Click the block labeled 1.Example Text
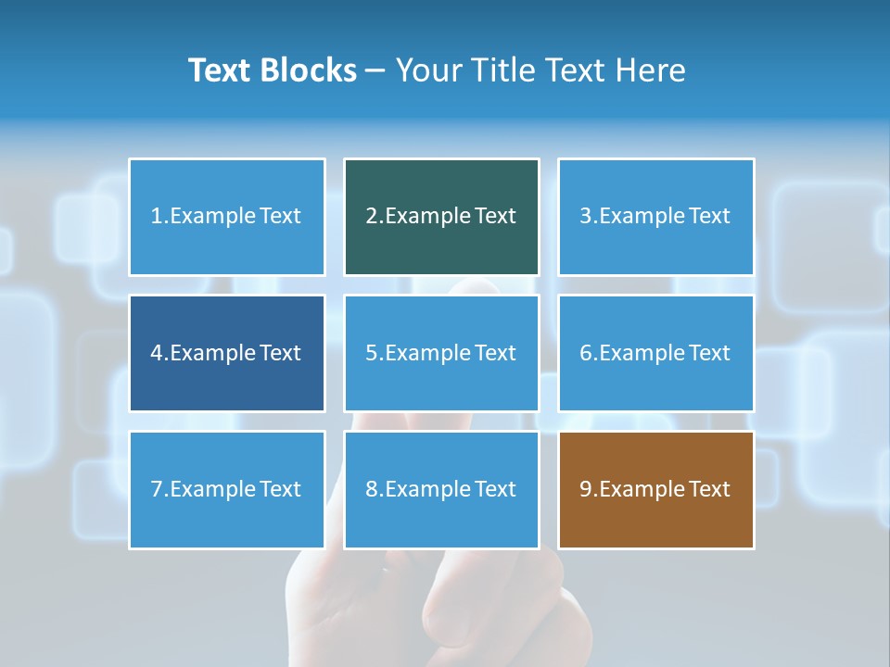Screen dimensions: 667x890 click(x=227, y=217)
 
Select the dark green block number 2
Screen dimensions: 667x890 click(x=441, y=217)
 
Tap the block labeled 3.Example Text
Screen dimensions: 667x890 click(x=655, y=217)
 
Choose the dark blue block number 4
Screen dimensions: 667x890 click(x=227, y=353)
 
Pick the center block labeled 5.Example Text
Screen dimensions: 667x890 click(x=441, y=353)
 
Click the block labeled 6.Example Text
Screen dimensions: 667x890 click(x=655, y=353)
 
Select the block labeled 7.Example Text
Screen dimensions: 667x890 click(x=227, y=489)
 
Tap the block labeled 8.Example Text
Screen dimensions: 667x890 click(x=441, y=489)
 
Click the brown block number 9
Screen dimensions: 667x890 click(x=655, y=489)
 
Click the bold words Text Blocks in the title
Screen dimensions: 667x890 click(x=273, y=70)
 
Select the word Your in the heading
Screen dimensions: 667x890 click(x=427, y=70)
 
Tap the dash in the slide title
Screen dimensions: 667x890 click(x=375, y=71)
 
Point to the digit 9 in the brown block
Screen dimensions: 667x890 click(x=586, y=489)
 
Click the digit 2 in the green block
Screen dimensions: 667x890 click(x=372, y=217)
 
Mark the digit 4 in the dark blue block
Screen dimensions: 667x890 click(x=157, y=353)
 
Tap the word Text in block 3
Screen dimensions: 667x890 click(x=710, y=217)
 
